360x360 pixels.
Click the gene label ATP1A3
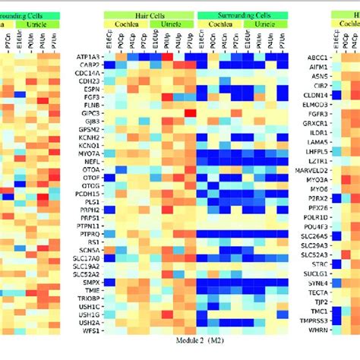(90, 56)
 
